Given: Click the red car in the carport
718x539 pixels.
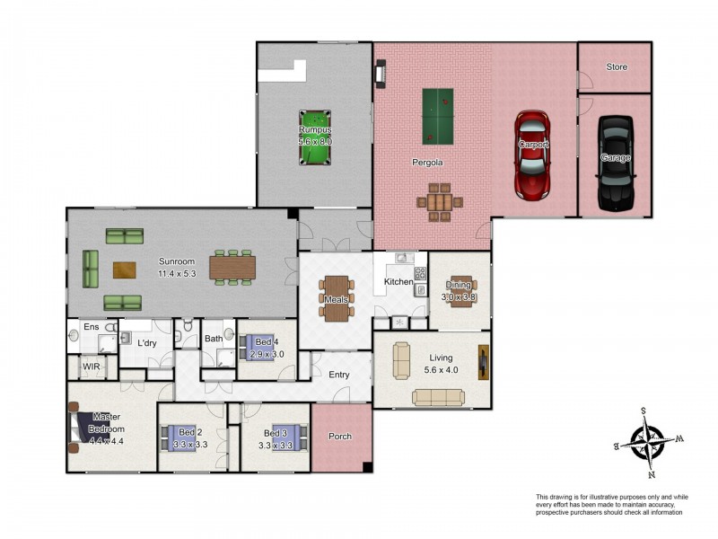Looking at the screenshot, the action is (532, 155).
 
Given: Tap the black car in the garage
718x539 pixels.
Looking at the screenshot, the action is (616, 163).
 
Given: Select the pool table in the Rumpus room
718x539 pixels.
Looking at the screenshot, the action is (315, 137).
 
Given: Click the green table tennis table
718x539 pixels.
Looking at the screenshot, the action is (438, 117).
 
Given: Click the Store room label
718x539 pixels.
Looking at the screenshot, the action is (617, 66).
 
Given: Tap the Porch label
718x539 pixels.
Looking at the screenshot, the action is (340, 437).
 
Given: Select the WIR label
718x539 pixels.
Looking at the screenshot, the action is (92, 367).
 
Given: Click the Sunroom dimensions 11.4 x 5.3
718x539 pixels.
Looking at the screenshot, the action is (177, 274).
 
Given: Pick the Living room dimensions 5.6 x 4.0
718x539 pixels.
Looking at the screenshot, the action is (441, 370).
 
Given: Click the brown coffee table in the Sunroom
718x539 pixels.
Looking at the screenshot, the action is (125, 270).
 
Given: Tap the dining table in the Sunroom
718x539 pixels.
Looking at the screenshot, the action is (232, 268).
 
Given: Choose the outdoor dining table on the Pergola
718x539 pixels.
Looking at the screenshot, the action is (440, 202).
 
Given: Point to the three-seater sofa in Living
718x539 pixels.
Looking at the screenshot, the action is (438, 397).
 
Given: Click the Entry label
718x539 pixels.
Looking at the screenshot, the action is (339, 375).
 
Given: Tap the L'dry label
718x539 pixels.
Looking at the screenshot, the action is (147, 343).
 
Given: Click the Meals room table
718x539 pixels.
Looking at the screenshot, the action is (337, 298).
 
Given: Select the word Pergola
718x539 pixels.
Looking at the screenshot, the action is (427, 163).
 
